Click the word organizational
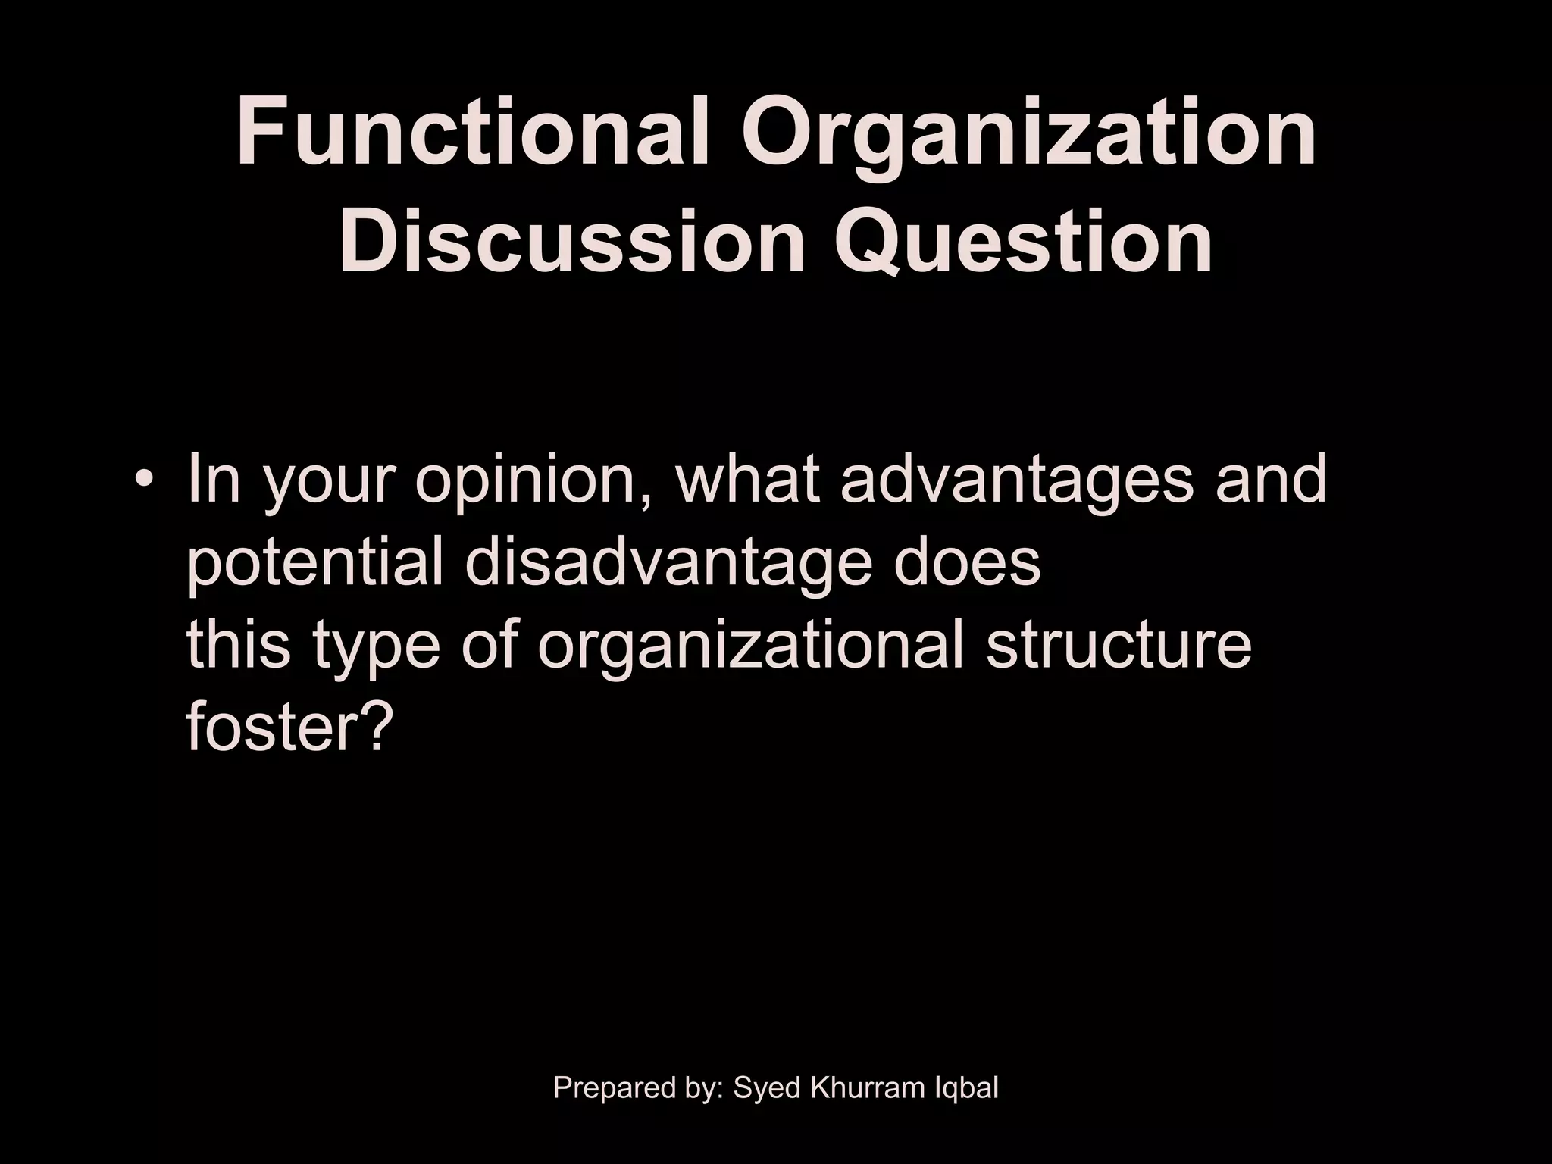(x=750, y=648)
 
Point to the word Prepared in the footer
(x=611, y=1089)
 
